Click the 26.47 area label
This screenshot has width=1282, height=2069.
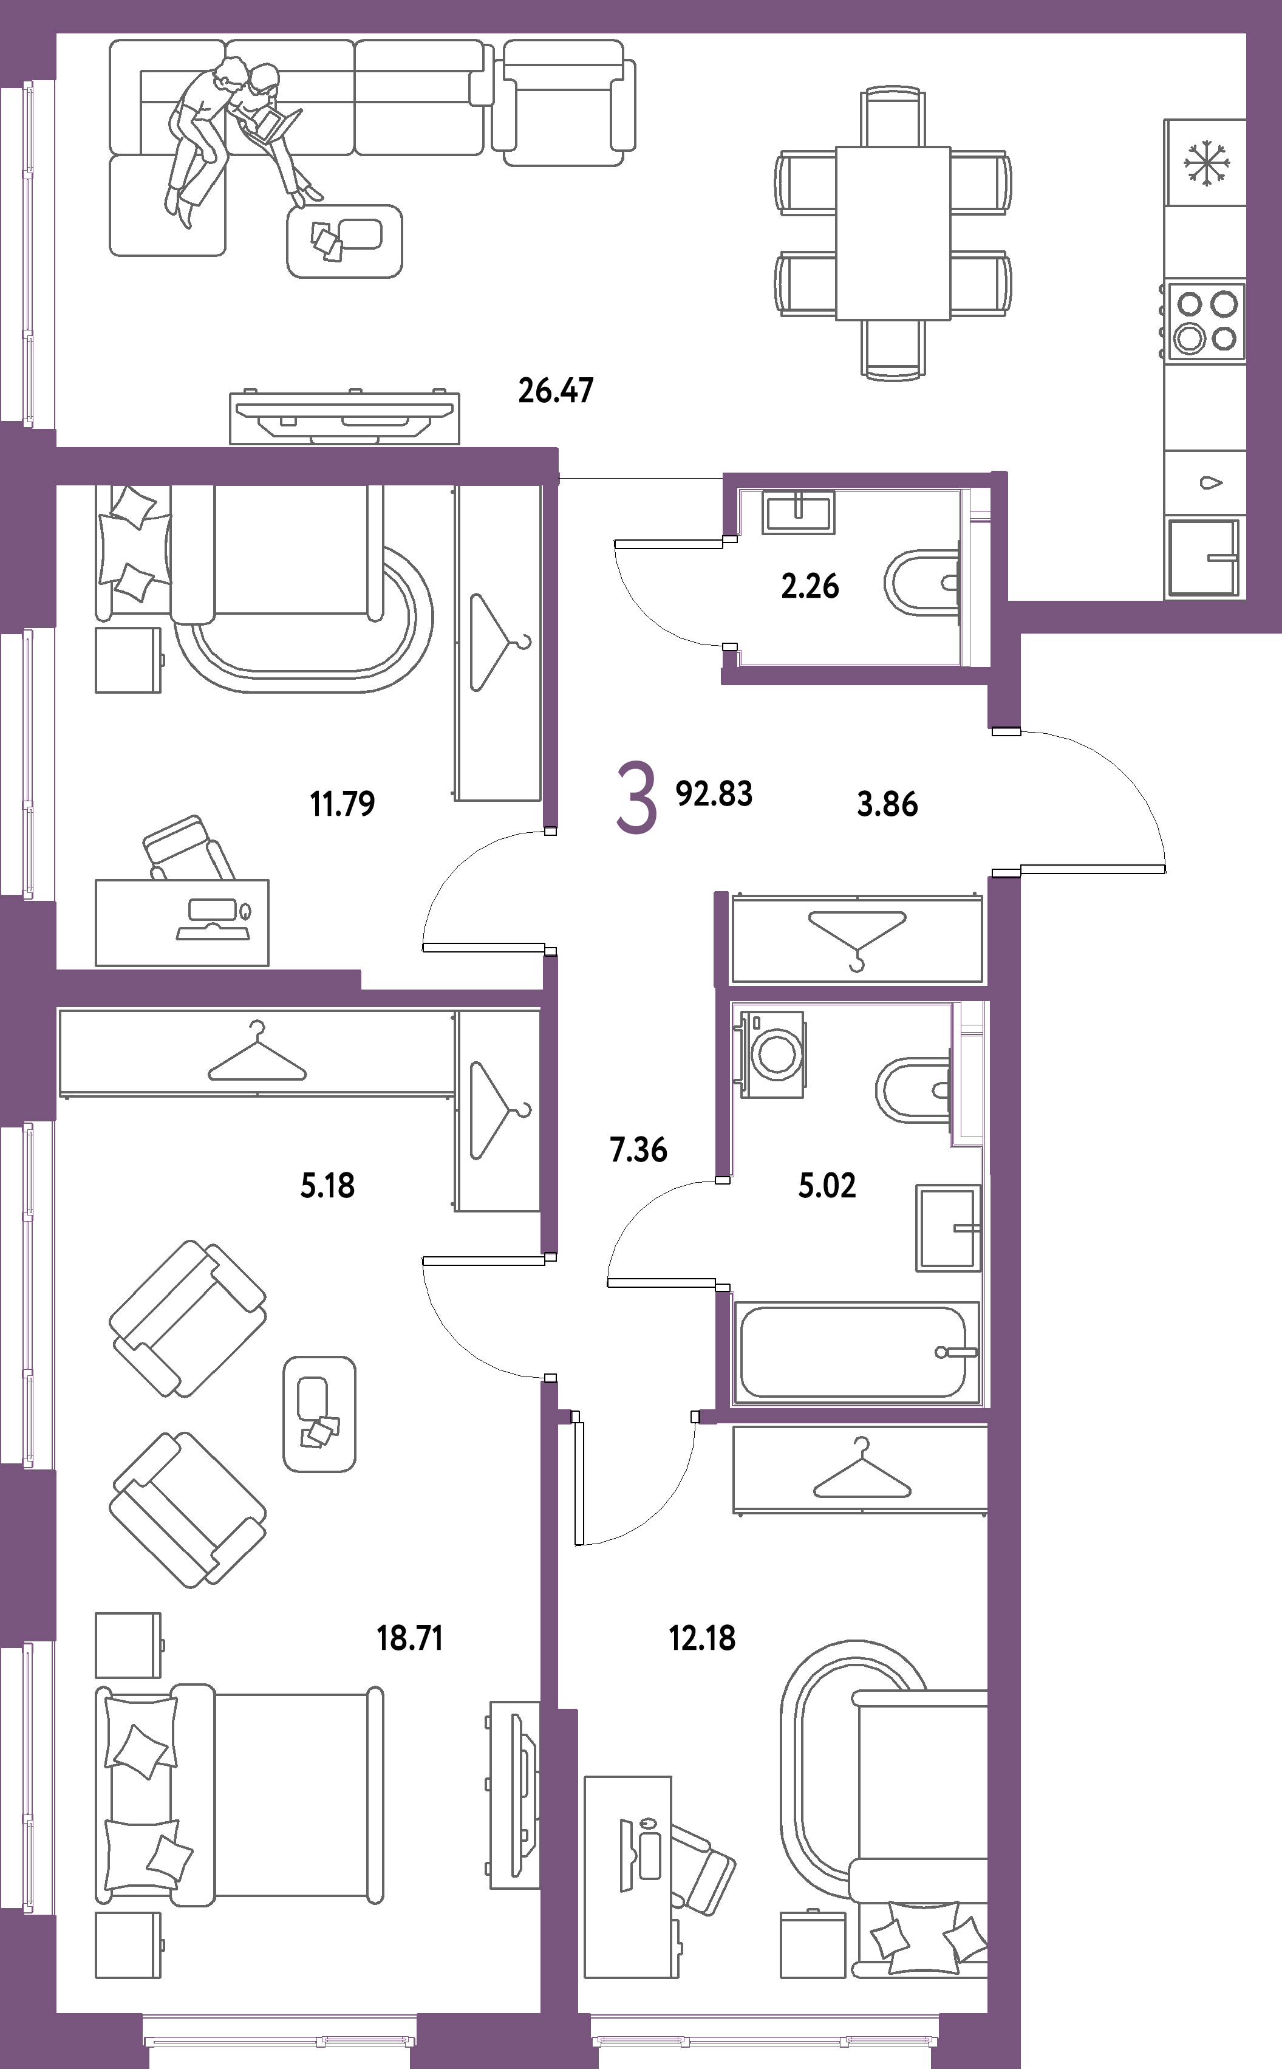coord(555,391)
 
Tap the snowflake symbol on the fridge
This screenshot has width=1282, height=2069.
coord(1205,163)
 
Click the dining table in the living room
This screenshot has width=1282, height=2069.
coord(892,232)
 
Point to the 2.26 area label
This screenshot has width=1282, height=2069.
coord(810,586)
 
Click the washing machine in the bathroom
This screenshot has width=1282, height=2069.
coord(772,1054)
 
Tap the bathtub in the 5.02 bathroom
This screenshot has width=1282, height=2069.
coord(856,1352)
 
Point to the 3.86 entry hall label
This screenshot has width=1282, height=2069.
coord(887,804)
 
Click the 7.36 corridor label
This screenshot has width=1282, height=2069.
coord(638,1150)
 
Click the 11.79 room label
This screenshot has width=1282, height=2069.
coord(343,804)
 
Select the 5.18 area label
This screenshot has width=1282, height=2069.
coord(327,1185)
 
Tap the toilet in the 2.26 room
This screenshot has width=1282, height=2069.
coord(922,583)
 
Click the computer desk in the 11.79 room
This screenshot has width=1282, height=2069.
coord(182,923)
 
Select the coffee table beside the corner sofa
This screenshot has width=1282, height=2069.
coord(344,241)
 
